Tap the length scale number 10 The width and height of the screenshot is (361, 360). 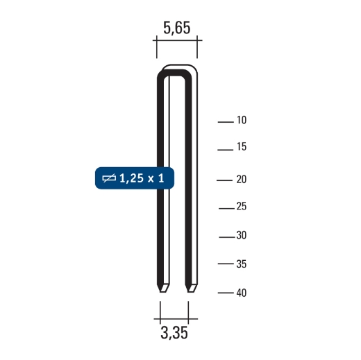pos(242,121)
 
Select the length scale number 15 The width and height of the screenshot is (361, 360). pos(242,148)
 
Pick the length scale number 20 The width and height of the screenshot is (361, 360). pos(242,180)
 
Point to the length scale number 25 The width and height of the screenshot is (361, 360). pos(242,207)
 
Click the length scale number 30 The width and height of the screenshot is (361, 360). pos(242,236)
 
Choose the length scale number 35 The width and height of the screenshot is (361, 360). pos(242,264)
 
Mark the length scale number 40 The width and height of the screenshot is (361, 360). pos(242,293)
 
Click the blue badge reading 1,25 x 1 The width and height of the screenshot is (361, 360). pos(133,179)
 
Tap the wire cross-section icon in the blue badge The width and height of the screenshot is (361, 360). pos(109,179)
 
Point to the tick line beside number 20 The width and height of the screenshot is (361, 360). pos(224,180)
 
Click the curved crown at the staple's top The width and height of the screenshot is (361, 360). pos(177,71)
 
